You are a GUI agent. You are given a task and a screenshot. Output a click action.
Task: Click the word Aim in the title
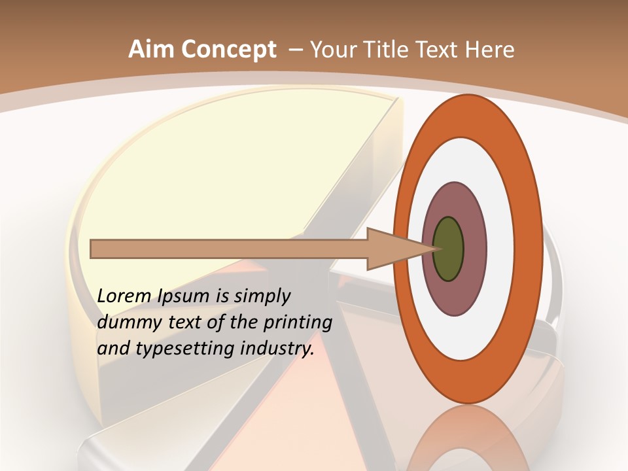coord(151,50)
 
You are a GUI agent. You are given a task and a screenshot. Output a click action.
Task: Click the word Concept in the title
coord(228,50)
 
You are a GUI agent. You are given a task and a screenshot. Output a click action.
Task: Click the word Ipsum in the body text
coord(184,296)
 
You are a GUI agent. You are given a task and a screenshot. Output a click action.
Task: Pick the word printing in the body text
coord(298,323)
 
